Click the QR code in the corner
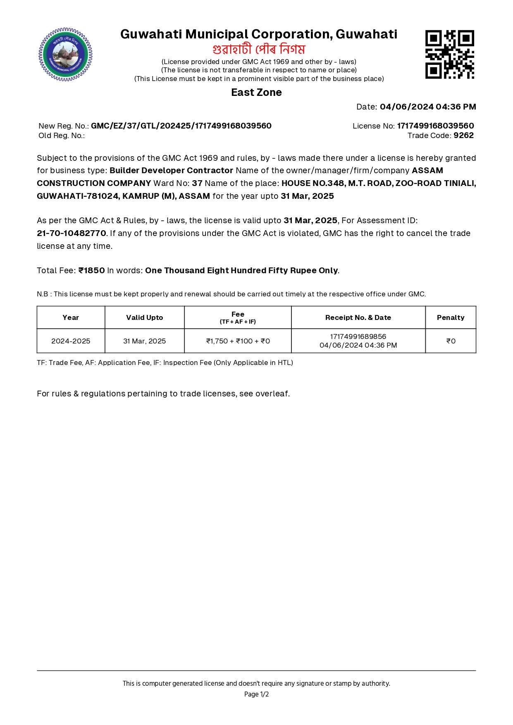tap(449, 54)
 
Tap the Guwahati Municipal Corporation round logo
tap(65, 55)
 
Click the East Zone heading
tap(256, 93)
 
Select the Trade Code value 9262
tap(463, 136)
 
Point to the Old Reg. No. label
tap(62, 136)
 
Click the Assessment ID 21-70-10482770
tap(72, 234)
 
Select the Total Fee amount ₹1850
tap(92, 271)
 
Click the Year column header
tap(71, 317)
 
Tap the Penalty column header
tap(451, 317)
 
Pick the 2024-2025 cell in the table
tap(71, 341)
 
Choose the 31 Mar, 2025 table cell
tap(144, 341)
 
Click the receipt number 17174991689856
tap(358, 336)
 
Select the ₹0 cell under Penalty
tap(451, 341)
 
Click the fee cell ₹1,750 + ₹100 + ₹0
tap(238, 341)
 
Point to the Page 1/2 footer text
tap(256, 694)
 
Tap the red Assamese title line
tap(259, 49)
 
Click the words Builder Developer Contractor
tap(171, 171)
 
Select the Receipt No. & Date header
tap(358, 317)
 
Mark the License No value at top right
tap(435, 126)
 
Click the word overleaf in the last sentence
tap(272, 394)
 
